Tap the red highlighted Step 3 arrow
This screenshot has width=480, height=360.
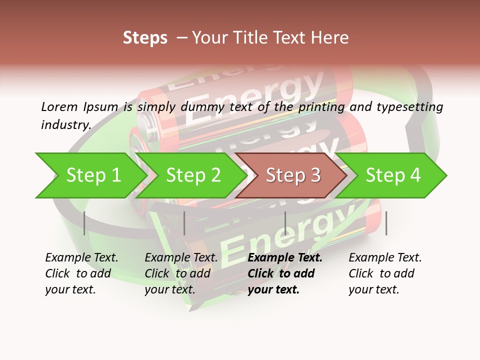tap(293, 175)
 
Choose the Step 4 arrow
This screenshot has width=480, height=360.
tap(393, 175)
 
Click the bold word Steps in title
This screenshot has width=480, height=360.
tap(145, 38)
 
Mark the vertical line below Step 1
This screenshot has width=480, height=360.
tap(84, 223)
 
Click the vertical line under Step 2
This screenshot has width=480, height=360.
tap(184, 223)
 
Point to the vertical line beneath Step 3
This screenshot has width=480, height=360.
tap(285, 223)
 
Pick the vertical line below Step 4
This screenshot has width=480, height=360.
tap(386, 223)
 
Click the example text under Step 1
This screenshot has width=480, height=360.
tap(81, 273)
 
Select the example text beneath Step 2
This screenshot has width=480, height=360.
tap(181, 273)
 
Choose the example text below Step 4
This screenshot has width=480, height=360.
tap(385, 273)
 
